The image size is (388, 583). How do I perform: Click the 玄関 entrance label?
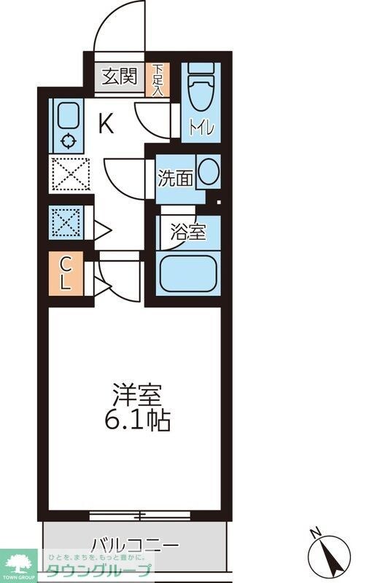pyautogui.click(x=120, y=77)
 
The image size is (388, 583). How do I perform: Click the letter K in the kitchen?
pyautogui.click(x=106, y=125)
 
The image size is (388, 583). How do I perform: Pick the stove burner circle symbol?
pyautogui.click(x=69, y=142)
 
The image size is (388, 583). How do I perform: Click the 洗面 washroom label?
pyautogui.click(x=175, y=177)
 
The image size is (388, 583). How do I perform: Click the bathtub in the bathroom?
pyautogui.click(x=188, y=273)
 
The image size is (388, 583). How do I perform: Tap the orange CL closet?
pyautogui.click(x=65, y=274)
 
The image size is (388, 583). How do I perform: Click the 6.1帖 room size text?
pyautogui.click(x=142, y=420)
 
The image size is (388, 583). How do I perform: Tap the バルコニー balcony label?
pyautogui.click(x=135, y=545)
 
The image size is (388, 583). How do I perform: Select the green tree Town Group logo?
pyautogui.click(x=20, y=562)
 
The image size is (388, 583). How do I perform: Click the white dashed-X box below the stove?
pyautogui.click(x=69, y=175)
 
